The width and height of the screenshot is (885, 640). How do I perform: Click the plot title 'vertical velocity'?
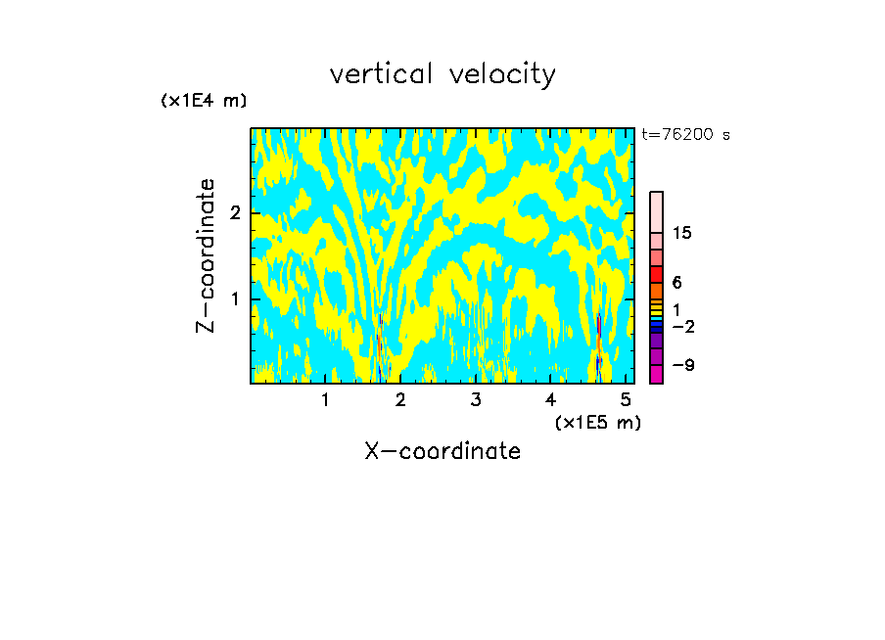click(442, 74)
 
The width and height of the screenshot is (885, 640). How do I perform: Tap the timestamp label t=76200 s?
click(685, 135)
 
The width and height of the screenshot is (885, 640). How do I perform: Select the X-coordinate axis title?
click(442, 451)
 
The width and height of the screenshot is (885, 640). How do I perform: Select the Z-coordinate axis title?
click(206, 255)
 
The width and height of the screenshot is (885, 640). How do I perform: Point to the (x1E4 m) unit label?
click(204, 101)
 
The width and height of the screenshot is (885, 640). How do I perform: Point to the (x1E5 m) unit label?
click(597, 422)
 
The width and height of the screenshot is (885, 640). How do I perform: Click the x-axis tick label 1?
click(325, 399)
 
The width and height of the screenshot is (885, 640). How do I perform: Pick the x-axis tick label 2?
click(400, 399)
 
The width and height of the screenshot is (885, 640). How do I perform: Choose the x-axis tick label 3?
click(476, 399)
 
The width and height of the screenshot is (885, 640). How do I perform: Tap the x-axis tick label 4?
click(550, 399)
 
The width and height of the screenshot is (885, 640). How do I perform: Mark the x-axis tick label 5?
click(626, 399)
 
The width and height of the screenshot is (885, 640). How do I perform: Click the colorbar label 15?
click(682, 234)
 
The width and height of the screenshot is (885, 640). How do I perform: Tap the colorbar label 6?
click(676, 282)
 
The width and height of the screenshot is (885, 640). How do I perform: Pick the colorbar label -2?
click(682, 327)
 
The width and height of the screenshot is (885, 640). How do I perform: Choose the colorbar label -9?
click(682, 365)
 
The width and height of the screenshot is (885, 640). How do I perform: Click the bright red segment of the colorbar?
click(656, 273)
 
